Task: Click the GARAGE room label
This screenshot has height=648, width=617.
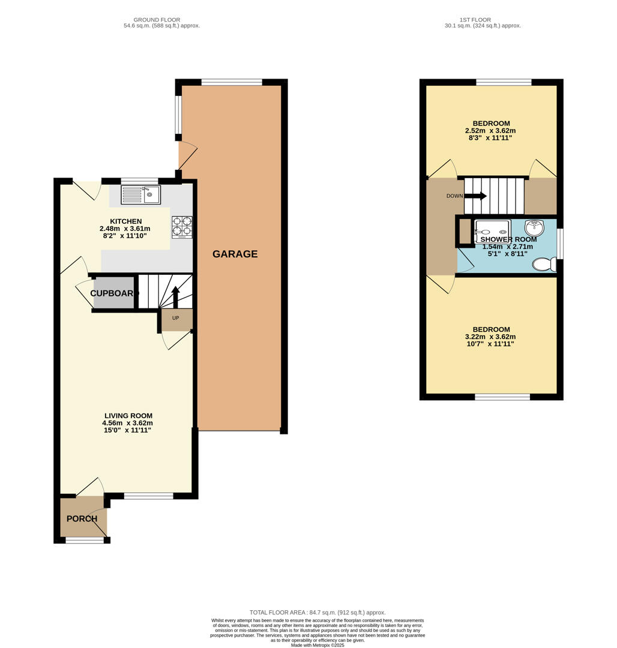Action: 235,254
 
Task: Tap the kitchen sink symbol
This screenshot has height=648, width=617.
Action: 141,194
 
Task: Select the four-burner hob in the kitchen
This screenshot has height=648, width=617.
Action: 182,227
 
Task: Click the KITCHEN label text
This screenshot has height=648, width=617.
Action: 125,221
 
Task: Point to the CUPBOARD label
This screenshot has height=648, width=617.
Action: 114,293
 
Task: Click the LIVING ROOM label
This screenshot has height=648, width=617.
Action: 128,415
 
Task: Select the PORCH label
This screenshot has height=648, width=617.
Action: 82,518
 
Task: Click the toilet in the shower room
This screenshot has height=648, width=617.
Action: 544,264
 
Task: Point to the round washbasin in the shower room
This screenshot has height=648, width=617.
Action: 534,228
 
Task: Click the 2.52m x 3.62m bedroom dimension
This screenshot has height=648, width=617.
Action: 490,130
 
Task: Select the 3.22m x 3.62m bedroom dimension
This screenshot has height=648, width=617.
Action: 490,337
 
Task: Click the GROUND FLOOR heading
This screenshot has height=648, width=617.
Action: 157,20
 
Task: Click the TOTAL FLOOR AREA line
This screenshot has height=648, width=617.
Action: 318,612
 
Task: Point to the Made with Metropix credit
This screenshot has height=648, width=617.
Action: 318,645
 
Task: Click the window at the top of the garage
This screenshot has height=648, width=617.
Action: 232,82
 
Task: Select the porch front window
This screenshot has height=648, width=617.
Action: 85,540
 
